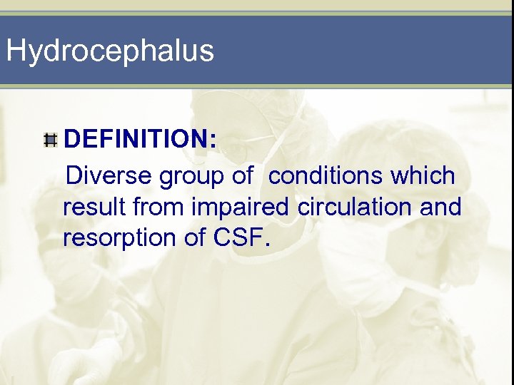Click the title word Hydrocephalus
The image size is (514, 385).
[x=109, y=51]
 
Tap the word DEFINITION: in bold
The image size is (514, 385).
[x=140, y=140]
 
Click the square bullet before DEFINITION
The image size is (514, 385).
[x=50, y=140]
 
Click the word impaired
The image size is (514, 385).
[x=238, y=207]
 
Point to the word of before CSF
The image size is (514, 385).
[x=196, y=238]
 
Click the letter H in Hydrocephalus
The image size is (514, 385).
[x=16, y=51]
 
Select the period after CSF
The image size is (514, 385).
[x=268, y=246]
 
